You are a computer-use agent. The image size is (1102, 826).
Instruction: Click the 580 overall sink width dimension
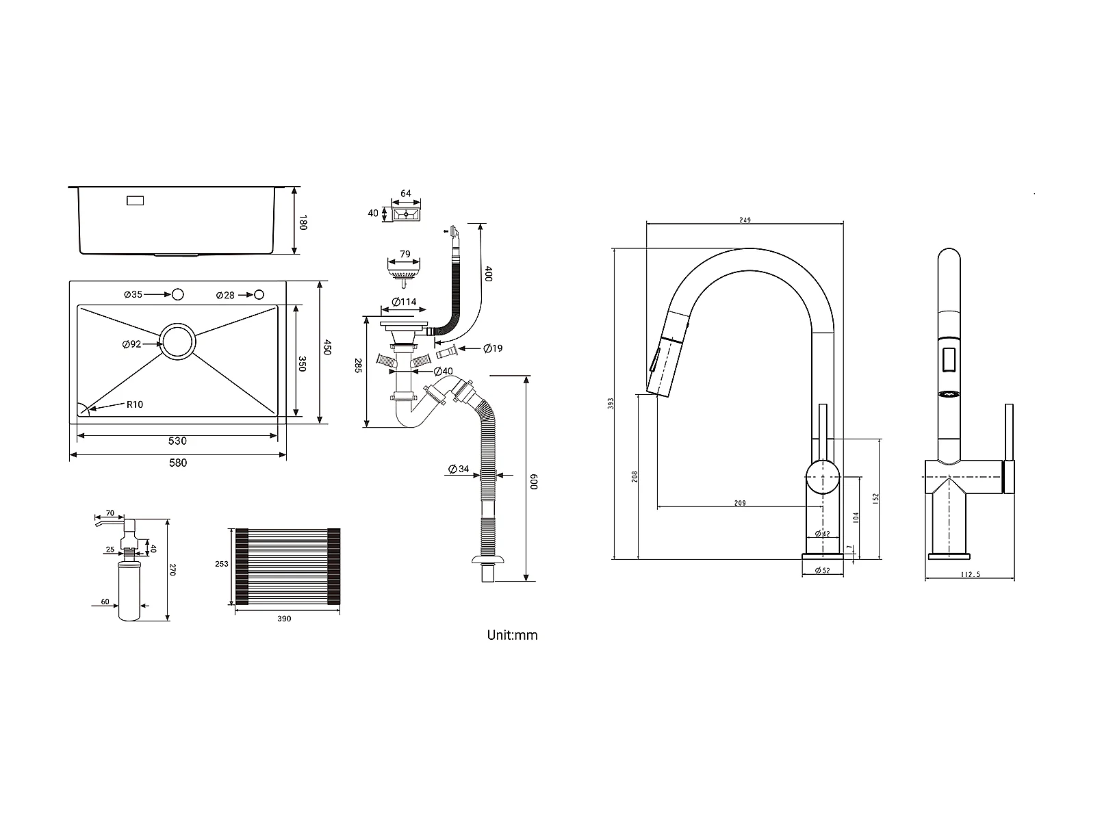tap(178, 463)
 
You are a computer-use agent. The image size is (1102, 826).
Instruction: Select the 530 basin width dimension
tap(177, 441)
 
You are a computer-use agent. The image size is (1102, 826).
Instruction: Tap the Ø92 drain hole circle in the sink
tap(177, 341)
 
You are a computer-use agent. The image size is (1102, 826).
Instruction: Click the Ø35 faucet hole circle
tap(178, 294)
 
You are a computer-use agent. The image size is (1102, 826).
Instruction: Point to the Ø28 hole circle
tap(259, 294)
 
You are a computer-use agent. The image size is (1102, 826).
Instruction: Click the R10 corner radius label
tap(135, 404)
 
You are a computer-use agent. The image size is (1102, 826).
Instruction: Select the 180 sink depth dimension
tap(303, 222)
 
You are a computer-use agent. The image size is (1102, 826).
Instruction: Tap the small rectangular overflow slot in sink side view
tap(135, 201)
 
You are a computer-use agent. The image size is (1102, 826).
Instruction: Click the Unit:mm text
tap(512, 635)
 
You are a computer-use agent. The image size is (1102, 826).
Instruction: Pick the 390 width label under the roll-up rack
tap(284, 619)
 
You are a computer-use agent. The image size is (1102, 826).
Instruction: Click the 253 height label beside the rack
tap(221, 564)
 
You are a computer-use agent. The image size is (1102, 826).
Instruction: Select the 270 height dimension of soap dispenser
tap(172, 569)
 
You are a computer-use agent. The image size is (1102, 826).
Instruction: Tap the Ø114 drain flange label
tap(404, 302)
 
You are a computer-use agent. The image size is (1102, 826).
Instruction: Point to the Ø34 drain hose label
tap(459, 469)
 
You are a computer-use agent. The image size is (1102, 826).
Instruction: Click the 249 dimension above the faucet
tap(745, 220)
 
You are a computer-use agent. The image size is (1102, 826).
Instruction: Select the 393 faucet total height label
tap(611, 404)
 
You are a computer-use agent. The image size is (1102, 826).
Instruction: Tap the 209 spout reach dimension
tap(740, 503)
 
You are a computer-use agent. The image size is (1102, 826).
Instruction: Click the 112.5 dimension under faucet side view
tap(971, 575)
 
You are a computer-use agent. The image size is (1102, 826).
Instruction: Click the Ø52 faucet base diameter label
tap(822, 571)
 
